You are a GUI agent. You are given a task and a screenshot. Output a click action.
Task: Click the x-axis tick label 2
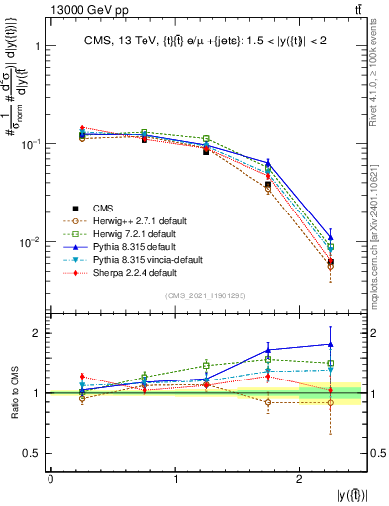tap(300, 479)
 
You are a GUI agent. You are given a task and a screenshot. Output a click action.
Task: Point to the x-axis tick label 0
tap(50, 479)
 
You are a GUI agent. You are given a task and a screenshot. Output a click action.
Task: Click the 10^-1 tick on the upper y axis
tap(37, 144)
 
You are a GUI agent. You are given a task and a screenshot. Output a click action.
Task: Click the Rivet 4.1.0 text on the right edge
tap(381, 59)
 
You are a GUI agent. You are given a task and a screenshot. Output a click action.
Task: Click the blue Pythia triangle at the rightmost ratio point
tap(331, 344)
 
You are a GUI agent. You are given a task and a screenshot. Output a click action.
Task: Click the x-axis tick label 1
tap(175, 479)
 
